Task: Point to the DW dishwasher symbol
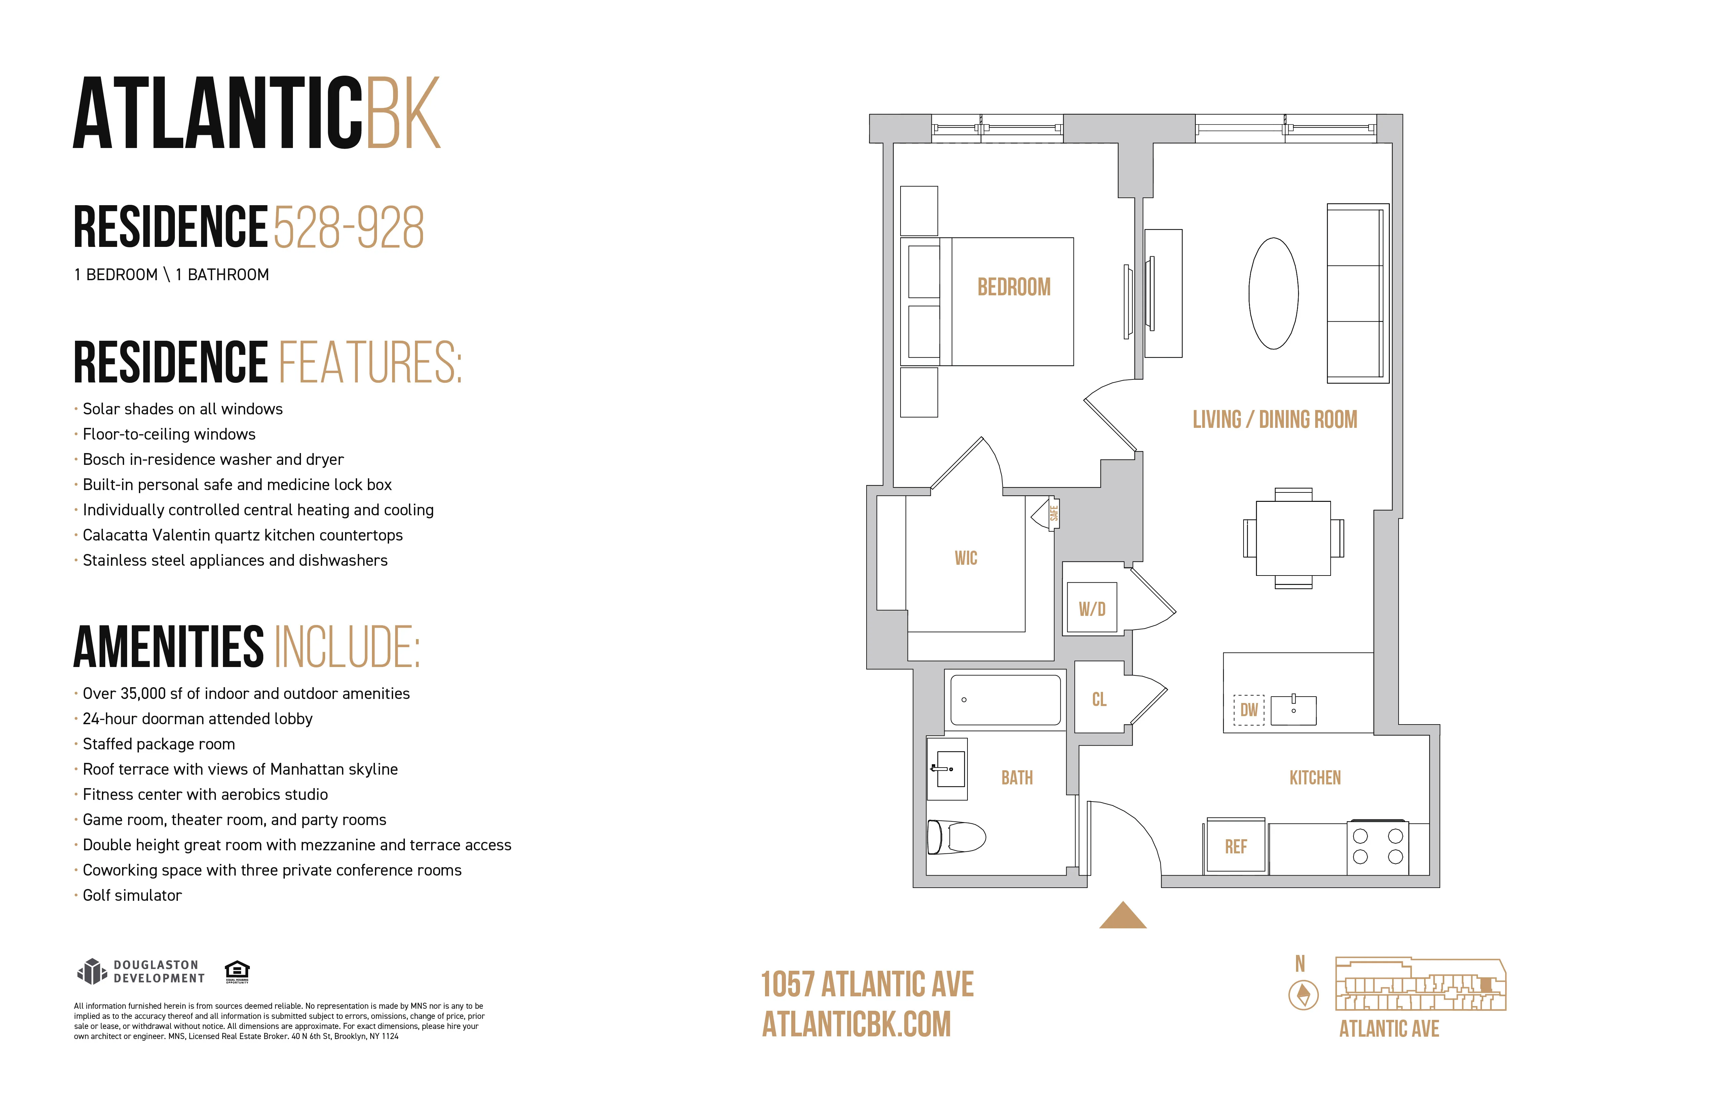point(1249,710)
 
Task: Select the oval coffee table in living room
point(1273,293)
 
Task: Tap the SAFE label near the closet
point(1054,513)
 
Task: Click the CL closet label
point(1099,699)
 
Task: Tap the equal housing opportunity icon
point(237,971)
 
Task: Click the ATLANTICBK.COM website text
point(856,1024)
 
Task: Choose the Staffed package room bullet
point(158,744)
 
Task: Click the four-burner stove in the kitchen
point(1377,847)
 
